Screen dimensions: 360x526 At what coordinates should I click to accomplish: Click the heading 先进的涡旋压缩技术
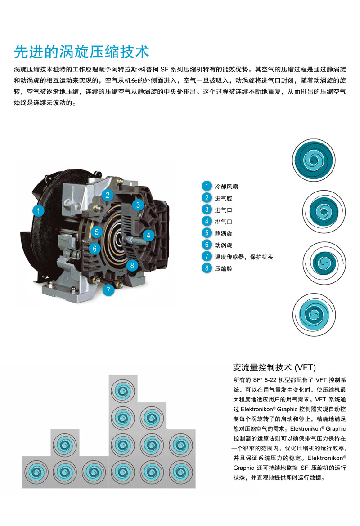[81, 52]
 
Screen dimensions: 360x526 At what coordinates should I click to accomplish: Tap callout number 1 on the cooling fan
[38, 211]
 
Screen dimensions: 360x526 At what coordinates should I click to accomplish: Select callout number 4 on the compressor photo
[148, 236]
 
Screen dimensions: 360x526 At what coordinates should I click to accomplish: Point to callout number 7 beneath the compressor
[108, 290]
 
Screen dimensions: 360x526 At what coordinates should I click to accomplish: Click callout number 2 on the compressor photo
[108, 195]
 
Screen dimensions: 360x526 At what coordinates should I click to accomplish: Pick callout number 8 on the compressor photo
[132, 266]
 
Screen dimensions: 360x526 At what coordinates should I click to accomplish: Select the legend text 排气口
[223, 222]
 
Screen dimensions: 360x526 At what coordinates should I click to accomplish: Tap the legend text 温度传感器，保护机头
[244, 257]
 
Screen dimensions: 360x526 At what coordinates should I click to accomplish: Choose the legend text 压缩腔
[223, 269]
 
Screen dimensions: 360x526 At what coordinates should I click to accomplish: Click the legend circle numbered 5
[207, 233]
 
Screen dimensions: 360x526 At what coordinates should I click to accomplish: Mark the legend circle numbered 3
[207, 210]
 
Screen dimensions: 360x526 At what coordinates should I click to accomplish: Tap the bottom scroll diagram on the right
[314, 315]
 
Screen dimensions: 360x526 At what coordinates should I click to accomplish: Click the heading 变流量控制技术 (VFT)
[274, 368]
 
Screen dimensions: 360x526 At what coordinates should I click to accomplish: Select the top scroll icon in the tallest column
[123, 391]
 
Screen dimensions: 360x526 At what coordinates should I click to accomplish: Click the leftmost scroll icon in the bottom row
[36, 473]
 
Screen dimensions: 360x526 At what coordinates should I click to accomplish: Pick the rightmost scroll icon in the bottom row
[181, 473]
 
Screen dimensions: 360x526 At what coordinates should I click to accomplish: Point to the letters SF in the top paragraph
[164, 69]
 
